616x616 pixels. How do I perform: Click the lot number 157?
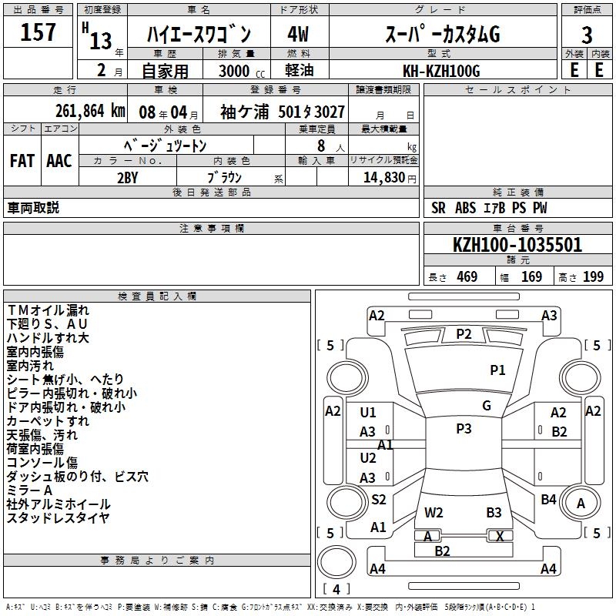pos(38,33)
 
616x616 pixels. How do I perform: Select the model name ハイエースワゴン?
pos(199,35)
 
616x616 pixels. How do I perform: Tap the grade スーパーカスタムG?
pos(442,35)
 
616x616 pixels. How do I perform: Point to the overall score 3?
pos(587,35)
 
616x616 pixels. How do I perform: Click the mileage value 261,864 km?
pos(89,111)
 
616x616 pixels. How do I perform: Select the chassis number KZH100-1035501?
pos(517,245)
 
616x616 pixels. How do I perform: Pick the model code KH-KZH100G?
pos(442,71)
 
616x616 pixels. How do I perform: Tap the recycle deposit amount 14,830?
pos(383,177)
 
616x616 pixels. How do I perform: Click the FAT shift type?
pos(22,161)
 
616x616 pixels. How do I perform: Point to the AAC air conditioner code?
pos(59,161)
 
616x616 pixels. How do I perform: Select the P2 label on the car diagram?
pos(464,333)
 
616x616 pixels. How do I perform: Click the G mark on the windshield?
pos(487,406)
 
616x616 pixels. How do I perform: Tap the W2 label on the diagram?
pos(434,512)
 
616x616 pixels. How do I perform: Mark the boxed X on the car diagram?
pos(500,536)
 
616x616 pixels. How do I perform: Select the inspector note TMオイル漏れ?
pos(48,310)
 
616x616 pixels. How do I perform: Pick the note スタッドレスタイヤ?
pos(58,518)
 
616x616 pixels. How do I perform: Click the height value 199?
pos(594,277)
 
